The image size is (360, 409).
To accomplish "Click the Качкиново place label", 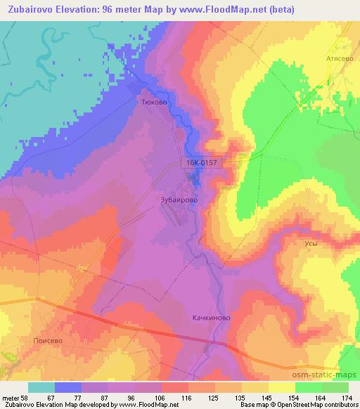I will click(x=212, y=318).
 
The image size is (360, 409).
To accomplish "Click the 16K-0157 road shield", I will click(x=204, y=162).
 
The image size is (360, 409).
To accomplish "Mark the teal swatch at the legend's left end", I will click(x=41, y=387).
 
